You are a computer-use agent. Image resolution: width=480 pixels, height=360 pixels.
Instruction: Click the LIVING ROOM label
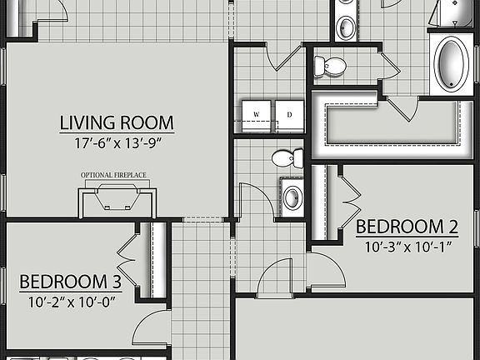tap(117, 123)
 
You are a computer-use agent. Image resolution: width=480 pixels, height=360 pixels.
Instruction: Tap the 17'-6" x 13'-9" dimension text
tap(117, 142)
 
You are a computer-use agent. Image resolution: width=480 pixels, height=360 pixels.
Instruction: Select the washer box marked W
tap(257, 115)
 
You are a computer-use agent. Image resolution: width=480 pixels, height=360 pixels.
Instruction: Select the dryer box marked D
tap(289, 115)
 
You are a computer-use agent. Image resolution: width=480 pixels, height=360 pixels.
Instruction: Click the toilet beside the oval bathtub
tap(335, 66)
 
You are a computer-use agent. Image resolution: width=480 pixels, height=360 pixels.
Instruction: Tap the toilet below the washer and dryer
tap(287, 157)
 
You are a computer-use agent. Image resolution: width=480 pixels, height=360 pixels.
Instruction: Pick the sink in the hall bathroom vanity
tap(292, 197)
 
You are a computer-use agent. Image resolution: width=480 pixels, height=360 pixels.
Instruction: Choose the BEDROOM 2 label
tap(407, 227)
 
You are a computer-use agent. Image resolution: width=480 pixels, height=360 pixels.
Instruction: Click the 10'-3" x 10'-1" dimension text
tap(407, 246)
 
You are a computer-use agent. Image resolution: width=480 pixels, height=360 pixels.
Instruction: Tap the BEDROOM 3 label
tap(70, 282)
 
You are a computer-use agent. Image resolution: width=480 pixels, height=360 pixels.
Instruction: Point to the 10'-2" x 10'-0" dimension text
tap(70, 301)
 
